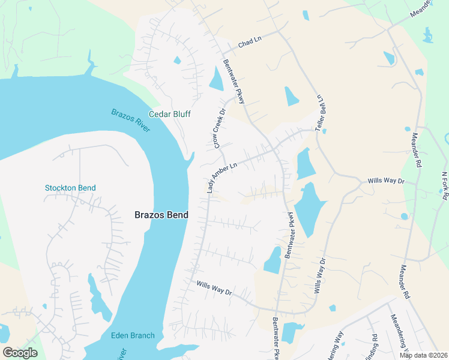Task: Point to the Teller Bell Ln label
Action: point(321,113)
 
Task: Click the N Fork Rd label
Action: point(445,182)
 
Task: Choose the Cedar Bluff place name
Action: point(170,113)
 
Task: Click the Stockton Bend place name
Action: point(70,188)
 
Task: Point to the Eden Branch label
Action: point(133,335)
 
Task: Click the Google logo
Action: point(20,353)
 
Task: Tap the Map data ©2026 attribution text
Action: point(423,355)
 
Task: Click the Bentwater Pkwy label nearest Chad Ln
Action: point(234,82)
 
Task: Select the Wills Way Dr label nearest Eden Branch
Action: point(214,287)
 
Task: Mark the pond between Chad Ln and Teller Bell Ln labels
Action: point(291,95)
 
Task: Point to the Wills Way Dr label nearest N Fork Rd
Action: point(387,180)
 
